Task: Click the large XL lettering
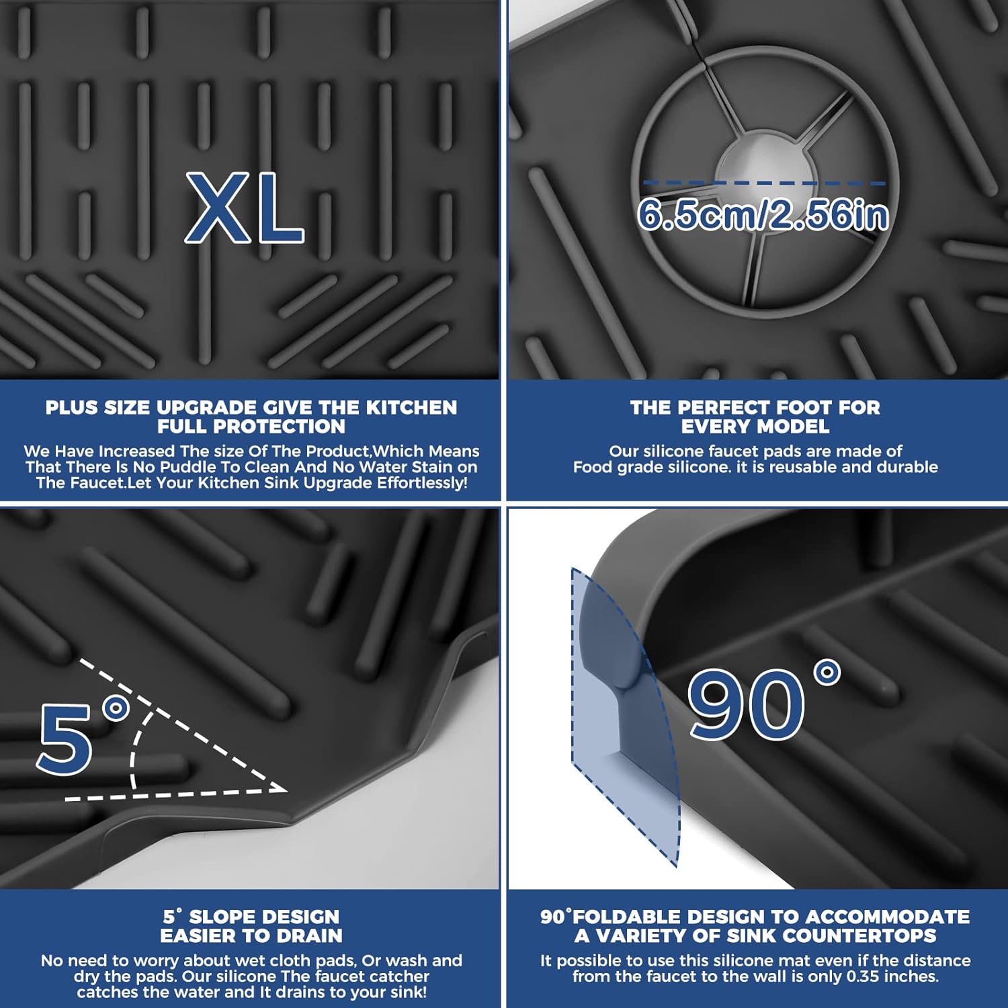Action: pos(245,208)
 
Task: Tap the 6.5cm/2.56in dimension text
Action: pos(763,215)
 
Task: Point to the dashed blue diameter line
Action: pos(764,183)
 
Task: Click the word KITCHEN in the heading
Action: pos(411,407)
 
